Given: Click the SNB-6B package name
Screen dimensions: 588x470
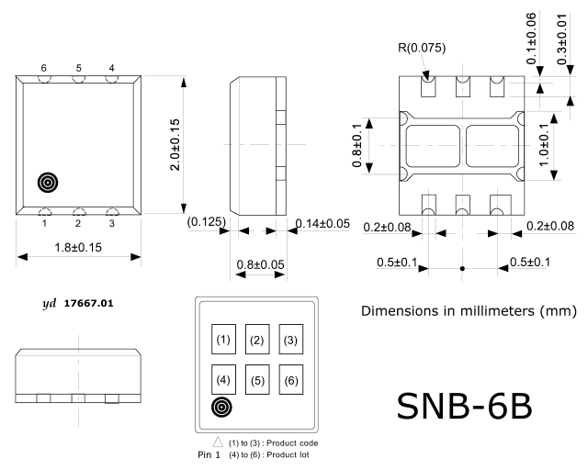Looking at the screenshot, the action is click(x=464, y=407).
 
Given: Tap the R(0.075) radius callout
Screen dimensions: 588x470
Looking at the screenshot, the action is click(x=422, y=48).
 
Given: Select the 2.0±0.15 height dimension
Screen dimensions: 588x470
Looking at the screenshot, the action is click(x=175, y=145).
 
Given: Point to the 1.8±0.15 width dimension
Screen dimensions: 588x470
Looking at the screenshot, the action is click(x=78, y=247).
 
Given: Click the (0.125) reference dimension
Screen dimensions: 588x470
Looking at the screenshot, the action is click(x=206, y=221).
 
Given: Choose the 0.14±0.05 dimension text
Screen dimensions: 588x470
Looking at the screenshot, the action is click(x=322, y=223).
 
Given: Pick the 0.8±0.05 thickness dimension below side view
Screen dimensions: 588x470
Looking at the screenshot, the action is click(x=260, y=264).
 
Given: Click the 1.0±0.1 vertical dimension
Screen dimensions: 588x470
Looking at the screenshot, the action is click(x=543, y=145).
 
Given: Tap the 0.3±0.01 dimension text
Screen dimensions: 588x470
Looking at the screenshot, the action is click(x=561, y=39).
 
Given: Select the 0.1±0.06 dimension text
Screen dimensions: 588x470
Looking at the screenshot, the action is click(x=531, y=39).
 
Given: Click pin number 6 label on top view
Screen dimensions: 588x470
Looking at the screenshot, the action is click(x=43, y=68).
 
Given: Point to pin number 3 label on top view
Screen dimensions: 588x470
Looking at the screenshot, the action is click(x=112, y=223).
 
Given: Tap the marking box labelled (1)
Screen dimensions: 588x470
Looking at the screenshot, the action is click(x=223, y=340).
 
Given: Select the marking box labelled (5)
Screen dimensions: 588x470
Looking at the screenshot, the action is click(x=257, y=380).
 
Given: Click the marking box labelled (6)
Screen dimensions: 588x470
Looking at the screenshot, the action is click(x=291, y=380).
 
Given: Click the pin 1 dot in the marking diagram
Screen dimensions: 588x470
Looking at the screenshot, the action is click(x=221, y=407).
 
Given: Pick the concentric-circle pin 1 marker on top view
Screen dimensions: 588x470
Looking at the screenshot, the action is click(x=48, y=183).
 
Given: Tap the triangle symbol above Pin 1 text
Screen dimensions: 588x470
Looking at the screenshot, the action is click(x=218, y=442).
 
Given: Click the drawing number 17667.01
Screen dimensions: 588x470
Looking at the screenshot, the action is click(x=88, y=303).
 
